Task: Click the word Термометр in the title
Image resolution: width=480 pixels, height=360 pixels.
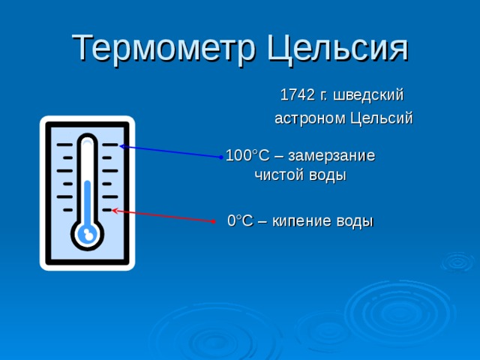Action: tap(163, 49)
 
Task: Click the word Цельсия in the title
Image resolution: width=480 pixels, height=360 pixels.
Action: tap(337, 49)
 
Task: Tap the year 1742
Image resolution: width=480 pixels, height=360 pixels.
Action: tap(298, 95)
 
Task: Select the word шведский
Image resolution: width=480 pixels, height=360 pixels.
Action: tap(368, 95)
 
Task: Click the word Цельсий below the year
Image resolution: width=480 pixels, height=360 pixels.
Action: tap(382, 118)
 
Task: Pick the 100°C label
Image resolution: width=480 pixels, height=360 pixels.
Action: tap(247, 155)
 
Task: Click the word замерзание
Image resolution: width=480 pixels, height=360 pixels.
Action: tap(331, 156)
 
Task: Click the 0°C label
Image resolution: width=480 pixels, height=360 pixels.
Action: tap(240, 221)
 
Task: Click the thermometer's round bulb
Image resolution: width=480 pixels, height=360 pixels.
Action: tap(88, 235)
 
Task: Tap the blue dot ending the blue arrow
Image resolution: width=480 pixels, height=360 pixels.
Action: tap(221, 157)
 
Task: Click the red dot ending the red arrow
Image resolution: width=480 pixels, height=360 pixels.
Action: tap(213, 221)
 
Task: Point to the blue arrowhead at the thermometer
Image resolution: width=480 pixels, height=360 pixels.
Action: tap(121, 147)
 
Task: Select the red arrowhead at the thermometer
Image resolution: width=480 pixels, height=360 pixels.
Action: tap(115, 211)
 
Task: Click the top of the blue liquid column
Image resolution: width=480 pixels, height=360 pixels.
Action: tap(88, 182)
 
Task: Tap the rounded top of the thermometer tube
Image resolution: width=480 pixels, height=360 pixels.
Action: tap(88, 138)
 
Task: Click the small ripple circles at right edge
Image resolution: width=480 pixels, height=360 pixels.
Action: tap(457, 262)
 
